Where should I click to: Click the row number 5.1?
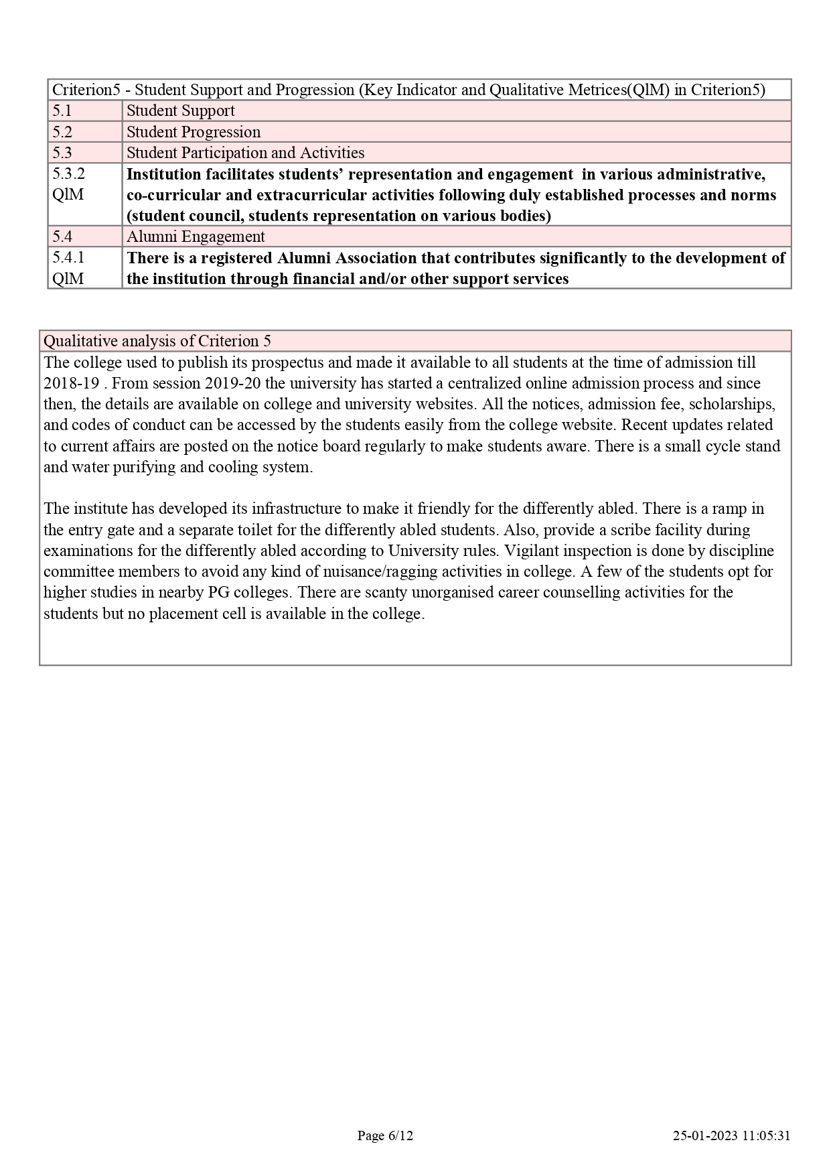(62, 111)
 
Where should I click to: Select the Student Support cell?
(180, 111)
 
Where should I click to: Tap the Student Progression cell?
(193, 132)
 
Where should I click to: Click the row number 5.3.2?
(69, 174)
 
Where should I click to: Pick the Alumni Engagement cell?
(196, 236)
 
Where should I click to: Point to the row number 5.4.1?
(69, 258)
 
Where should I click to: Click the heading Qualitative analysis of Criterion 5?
(157, 341)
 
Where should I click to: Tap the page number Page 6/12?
(385, 1135)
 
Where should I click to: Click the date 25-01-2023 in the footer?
(705, 1135)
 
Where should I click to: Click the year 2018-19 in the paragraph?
(71, 384)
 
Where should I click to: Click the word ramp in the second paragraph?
(731, 508)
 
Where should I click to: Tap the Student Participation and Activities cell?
(245, 153)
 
